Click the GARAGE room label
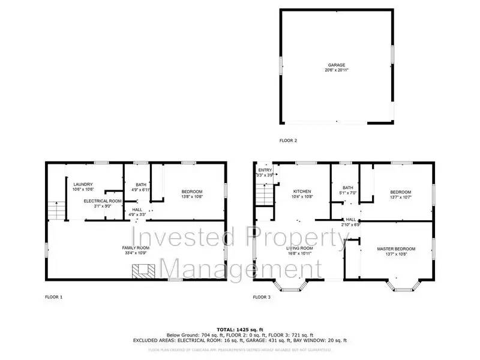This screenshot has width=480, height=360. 336,64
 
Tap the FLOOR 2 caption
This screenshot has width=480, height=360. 288,141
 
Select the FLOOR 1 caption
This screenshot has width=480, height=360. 53,297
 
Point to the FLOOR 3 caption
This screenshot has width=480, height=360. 262,297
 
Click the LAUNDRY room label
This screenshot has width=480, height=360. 82,184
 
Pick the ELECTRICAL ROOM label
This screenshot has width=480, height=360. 103,200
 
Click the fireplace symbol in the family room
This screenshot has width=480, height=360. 143,272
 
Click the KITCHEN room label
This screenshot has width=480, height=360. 301,191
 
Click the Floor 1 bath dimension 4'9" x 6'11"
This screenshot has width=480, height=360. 141,190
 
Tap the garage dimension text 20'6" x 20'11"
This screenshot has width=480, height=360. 336,70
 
